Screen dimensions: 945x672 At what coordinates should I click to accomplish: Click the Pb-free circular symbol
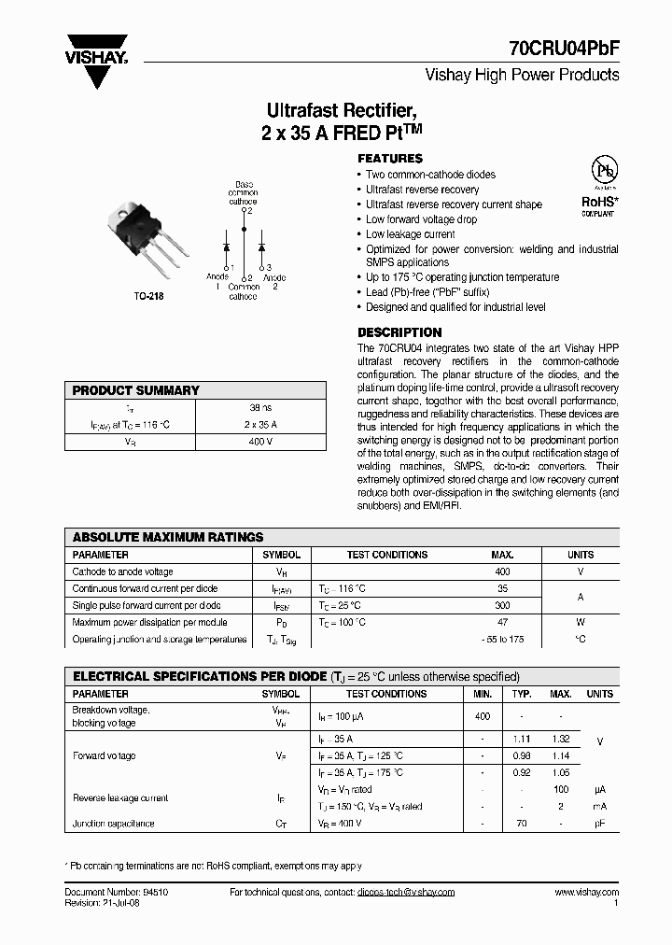[x=606, y=172]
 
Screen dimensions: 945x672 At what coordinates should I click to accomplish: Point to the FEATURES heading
[x=390, y=159]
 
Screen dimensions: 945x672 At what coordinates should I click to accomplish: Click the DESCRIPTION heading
[x=399, y=332]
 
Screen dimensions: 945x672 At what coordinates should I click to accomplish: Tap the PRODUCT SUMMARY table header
[x=136, y=390]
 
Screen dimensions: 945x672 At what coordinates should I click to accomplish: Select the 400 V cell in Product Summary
[x=262, y=441]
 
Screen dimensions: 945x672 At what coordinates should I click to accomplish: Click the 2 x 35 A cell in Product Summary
[x=262, y=424]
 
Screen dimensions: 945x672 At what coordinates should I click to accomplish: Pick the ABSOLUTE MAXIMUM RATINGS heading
[x=168, y=537]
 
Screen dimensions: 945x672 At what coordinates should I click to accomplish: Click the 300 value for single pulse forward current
[x=502, y=605]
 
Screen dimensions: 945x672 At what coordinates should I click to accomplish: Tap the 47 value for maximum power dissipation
[x=502, y=622]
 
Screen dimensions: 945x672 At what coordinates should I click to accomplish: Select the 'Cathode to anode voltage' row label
[x=122, y=571]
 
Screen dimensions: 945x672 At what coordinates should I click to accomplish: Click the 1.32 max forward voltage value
[x=560, y=739]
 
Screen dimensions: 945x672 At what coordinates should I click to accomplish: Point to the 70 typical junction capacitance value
[x=521, y=824]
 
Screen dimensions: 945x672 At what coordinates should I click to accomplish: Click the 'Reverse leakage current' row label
[x=120, y=798]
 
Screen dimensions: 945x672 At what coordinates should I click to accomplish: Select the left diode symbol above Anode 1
[x=226, y=247]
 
